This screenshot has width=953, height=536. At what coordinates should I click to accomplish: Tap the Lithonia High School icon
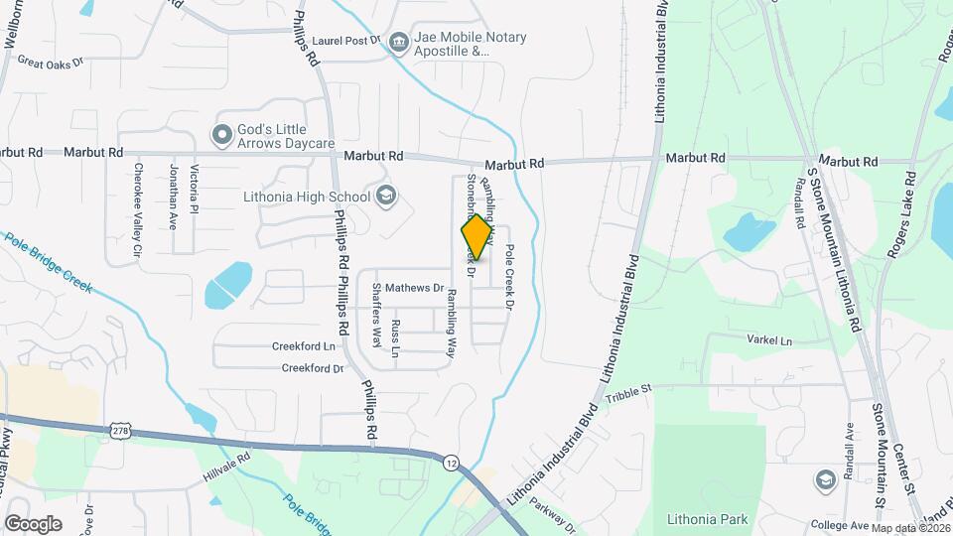click(x=384, y=196)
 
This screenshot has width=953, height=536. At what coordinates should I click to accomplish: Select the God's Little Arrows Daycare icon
click(x=221, y=133)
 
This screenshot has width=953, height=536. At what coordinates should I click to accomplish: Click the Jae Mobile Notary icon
click(x=399, y=42)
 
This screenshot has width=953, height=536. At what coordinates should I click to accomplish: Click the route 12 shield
click(x=452, y=464)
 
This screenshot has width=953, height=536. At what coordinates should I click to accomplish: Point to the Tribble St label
click(x=627, y=389)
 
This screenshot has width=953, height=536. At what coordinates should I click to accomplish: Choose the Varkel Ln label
click(x=772, y=339)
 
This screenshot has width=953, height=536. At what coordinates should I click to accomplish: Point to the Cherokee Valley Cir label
click(x=137, y=211)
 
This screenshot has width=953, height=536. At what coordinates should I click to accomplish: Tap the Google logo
click(x=33, y=523)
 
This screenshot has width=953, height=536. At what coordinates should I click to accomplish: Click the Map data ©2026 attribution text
click(x=910, y=528)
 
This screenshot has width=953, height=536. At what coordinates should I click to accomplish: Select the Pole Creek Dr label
click(x=507, y=277)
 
